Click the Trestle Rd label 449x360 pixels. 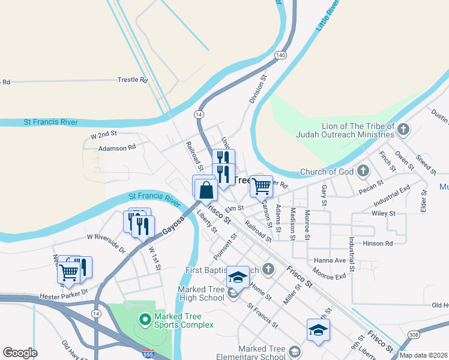click(133, 79)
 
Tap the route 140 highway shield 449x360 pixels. click(280, 55)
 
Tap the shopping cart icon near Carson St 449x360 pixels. click(261, 186)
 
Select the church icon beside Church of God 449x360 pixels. click(362, 172)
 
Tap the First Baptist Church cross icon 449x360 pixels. click(268, 269)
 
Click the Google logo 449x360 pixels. click(20, 353)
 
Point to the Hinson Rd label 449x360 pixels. click(381, 243)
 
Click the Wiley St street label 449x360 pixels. click(383, 213)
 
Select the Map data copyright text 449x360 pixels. click(424, 355)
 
